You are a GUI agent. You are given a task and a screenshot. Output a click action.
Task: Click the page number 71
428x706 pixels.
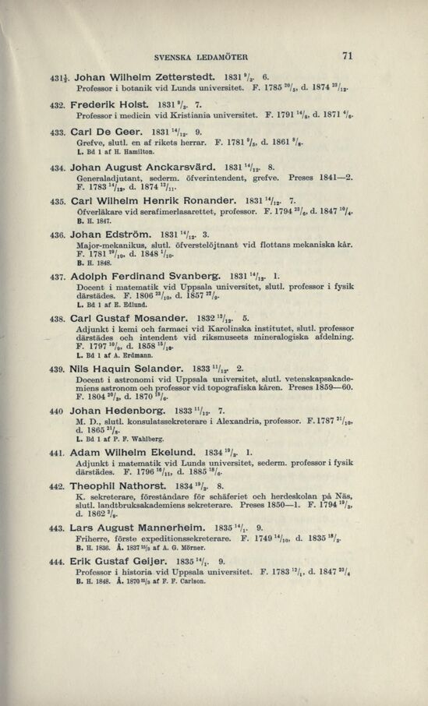pyautogui.click(x=347, y=55)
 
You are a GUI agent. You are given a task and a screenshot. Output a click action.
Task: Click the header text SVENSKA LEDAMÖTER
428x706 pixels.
pyautogui.click(x=201, y=57)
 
